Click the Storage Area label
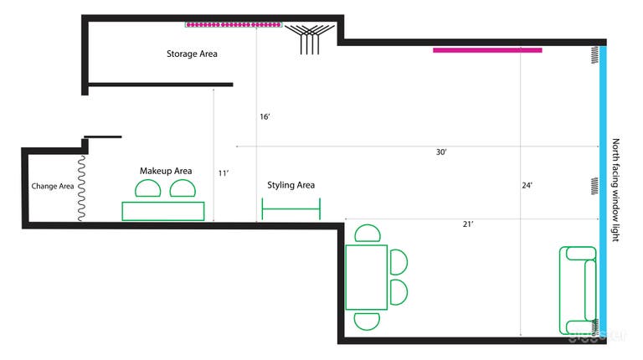pos(192,54)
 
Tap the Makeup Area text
pos(166,171)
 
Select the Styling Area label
pos(291,185)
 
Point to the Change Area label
pos(53,186)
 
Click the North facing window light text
pos(616,191)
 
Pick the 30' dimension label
pos(441,152)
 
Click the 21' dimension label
pos(468,224)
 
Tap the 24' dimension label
pos(527,186)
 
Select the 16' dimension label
pos(265,117)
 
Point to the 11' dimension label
pos(224,173)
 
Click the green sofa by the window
pos(578,290)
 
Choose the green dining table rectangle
pos(366,276)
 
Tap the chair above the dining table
pos(367,234)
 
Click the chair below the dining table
pos(367,320)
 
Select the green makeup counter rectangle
pos(163,211)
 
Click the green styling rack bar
pos(291,208)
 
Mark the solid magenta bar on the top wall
pos(487,50)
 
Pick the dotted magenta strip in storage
pos(233,24)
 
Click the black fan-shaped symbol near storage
pos(311,38)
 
